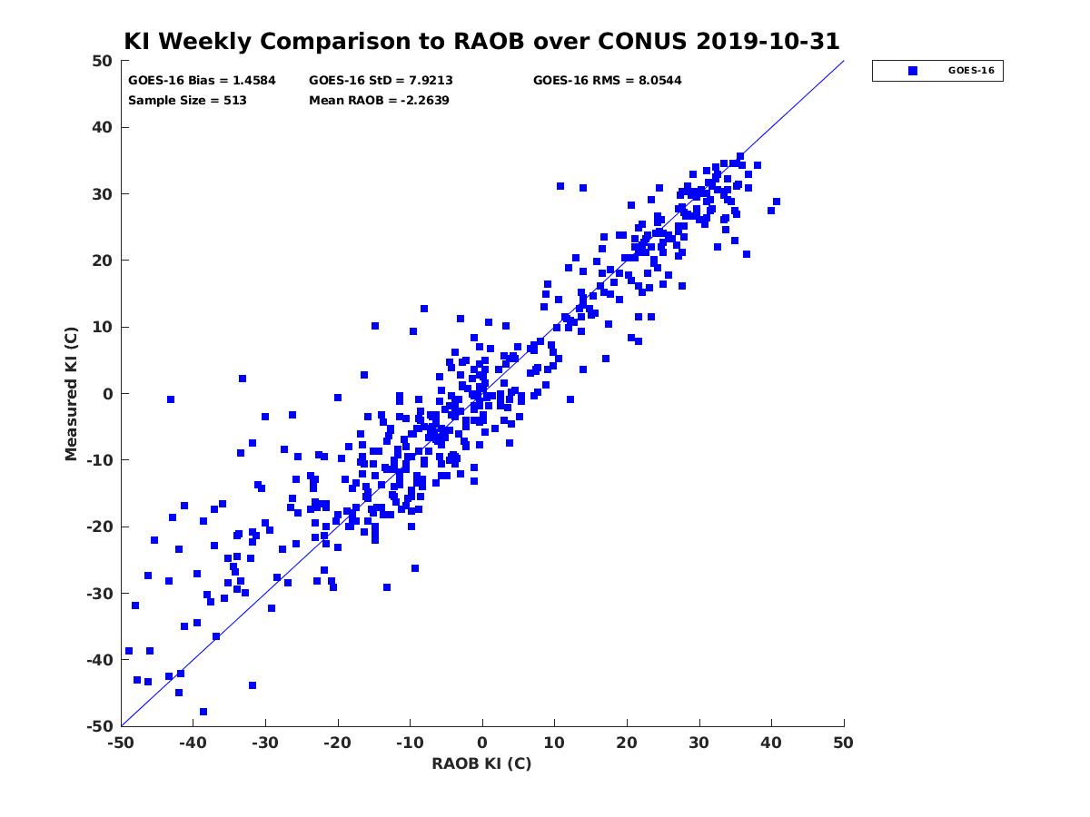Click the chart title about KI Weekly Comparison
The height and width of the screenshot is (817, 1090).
coord(481,41)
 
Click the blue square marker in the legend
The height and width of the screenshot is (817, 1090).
coord(913,71)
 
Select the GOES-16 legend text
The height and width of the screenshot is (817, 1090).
coord(971,71)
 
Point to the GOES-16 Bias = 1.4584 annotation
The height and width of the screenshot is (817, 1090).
coord(202,81)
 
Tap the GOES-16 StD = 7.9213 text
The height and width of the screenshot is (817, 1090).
coord(381,81)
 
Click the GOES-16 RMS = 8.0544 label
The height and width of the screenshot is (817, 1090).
coord(607,81)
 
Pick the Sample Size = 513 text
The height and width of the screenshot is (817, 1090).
coord(187,101)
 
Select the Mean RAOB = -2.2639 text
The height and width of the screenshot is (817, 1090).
coord(379,101)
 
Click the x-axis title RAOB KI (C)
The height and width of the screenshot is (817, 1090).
coord(481,763)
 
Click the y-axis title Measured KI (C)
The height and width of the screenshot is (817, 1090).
coord(71,393)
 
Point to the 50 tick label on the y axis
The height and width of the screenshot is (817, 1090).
coord(102,61)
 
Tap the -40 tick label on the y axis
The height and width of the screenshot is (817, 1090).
coord(99,660)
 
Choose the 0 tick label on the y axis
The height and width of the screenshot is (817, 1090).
coord(108,394)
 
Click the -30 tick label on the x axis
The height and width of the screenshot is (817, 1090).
coord(264,743)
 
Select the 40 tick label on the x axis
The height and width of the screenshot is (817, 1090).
coord(770,743)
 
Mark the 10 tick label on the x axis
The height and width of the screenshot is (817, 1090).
coord(554,743)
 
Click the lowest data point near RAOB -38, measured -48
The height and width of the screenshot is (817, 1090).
coord(203,712)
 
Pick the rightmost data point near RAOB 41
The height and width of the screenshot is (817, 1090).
coord(776,202)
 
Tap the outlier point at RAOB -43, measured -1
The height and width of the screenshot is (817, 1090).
coord(171,399)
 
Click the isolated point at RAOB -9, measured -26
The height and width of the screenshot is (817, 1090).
coord(414,568)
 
